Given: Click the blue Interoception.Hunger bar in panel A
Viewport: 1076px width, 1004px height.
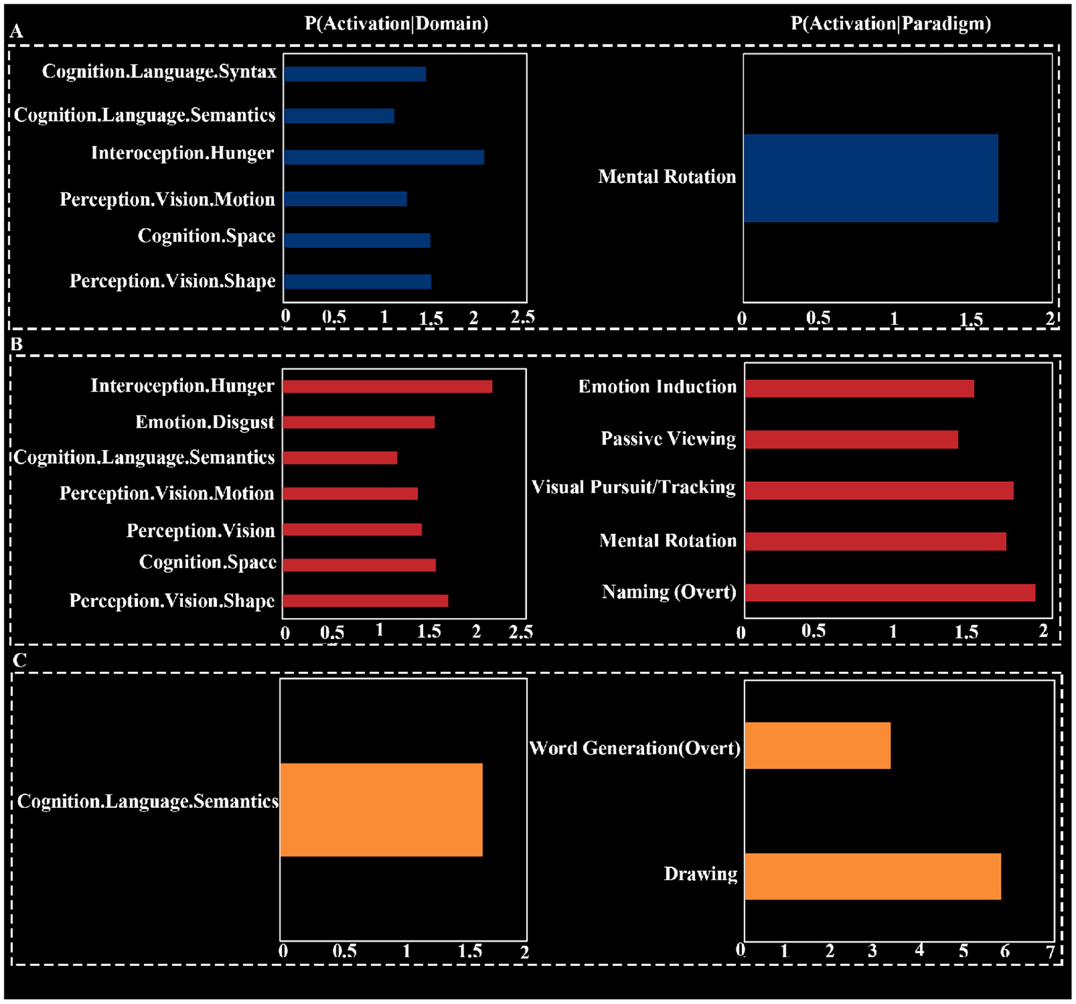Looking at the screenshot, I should pyautogui.click(x=384, y=157).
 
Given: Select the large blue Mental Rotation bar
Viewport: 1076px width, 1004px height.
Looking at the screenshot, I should pyautogui.click(x=870, y=178).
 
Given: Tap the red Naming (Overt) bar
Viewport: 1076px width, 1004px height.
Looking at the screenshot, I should pyautogui.click(x=890, y=592).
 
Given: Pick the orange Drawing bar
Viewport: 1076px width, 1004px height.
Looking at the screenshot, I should pyautogui.click(x=872, y=876).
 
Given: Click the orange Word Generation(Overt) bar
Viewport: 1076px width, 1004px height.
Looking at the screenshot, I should pyautogui.click(x=817, y=745).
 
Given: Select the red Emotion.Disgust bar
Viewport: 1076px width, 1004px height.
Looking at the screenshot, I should pyautogui.click(x=358, y=422).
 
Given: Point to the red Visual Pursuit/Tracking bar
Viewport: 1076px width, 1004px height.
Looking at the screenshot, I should pyautogui.click(x=879, y=490).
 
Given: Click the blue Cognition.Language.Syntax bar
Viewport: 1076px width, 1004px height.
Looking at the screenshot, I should pyautogui.click(x=355, y=74).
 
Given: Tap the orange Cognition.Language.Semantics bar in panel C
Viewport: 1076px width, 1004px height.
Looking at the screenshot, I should pyautogui.click(x=381, y=810).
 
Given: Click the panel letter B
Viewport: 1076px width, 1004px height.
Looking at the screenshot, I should pyautogui.click(x=17, y=344).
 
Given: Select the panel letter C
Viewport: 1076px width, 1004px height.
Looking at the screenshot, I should pyautogui.click(x=19, y=660).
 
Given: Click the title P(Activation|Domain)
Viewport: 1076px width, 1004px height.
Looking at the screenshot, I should pyautogui.click(x=396, y=24).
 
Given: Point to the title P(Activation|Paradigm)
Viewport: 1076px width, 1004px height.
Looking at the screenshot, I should pyautogui.click(x=890, y=24).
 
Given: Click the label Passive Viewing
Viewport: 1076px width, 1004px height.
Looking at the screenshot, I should pyautogui.click(x=668, y=439).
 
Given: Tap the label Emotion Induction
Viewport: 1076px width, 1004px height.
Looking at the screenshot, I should pyautogui.click(x=657, y=387).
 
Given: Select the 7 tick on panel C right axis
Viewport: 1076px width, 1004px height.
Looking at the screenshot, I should pyautogui.click(x=1050, y=952).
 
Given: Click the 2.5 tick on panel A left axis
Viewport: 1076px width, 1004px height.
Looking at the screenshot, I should pyautogui.click(x=522, y=317).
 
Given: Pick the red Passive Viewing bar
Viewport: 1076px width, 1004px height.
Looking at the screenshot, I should pyautogui.click(x=851, y=439).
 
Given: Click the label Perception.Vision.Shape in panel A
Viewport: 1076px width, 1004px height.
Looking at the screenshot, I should pyautogui.click(x=172, y=281).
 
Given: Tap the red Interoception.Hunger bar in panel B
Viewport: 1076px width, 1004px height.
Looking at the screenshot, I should pyautogui.click(x=387, y=386).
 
